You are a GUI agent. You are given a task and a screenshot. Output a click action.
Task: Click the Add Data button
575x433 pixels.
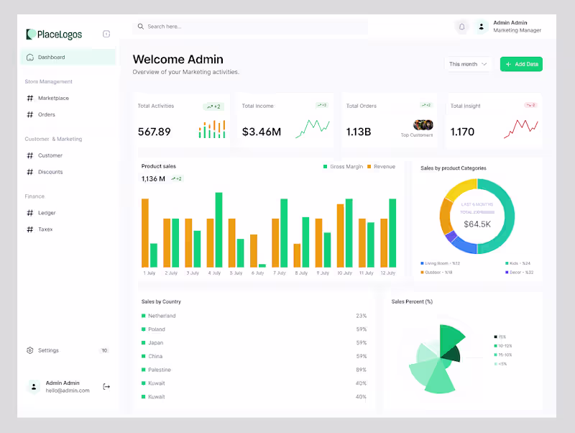(x=522, y=64)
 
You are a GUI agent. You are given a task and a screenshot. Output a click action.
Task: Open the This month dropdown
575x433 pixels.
(x=468, y=64)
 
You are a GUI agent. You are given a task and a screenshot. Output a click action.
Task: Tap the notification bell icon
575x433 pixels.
(x=461, y=27)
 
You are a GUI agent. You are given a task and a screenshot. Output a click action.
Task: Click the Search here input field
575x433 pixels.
(x=252, y=27)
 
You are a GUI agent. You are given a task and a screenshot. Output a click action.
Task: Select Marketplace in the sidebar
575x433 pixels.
(x=53, y=98)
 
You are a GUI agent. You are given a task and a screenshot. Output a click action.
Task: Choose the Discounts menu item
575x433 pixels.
(x=50, y=172)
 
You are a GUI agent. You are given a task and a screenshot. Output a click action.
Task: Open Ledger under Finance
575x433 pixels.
(x=47, y=213)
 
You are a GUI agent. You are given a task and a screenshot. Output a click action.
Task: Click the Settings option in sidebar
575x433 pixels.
(x=48, y=350)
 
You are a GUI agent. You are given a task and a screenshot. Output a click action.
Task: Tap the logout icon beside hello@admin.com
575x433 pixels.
(x=106, y=386)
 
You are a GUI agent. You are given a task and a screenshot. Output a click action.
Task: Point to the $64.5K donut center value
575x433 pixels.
(x=477, y=224)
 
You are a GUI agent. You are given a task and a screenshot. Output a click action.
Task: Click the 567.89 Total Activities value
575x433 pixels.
(x=155, y=132)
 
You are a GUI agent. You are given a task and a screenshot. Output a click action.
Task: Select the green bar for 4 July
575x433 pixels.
(x=218, y=229)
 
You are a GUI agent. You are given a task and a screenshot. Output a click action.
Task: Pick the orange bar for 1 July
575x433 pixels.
(x=145, y=232)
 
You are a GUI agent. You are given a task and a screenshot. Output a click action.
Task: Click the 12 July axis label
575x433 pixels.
(x=388, y=273)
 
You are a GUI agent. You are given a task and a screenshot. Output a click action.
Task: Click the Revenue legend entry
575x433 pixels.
(x=384, y=167)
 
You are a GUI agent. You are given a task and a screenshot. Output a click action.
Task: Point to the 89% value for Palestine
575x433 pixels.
(x=361, y=370)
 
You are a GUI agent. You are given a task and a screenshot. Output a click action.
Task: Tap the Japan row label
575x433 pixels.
(x=156, y=342)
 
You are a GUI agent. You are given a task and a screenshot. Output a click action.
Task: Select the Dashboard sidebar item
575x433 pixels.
(x=51, y=57)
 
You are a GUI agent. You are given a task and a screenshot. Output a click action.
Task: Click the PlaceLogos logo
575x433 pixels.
(x=55, y=35)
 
